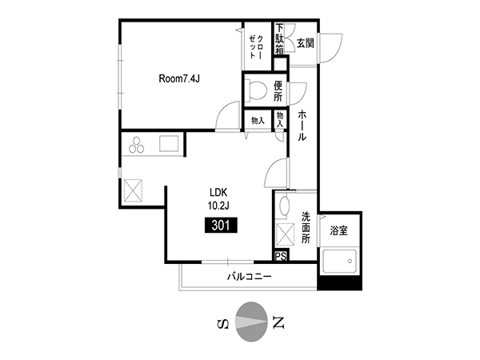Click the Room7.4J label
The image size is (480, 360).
point(179,79)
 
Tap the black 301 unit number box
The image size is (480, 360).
point(221,226)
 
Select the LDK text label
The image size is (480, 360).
point(218,193)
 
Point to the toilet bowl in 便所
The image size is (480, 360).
point(256,90)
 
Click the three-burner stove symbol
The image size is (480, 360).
point(137,145)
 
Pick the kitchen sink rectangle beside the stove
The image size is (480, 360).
point(169,143)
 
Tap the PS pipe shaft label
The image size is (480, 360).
point(281,256)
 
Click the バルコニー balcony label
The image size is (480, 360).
point(249,277)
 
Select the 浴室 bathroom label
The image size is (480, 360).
point(339,230)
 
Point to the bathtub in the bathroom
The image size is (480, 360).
point(339,261)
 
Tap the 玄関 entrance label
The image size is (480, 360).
point(306,43)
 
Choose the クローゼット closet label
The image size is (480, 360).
point(256,47)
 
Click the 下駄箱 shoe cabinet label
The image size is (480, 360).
point(279,39)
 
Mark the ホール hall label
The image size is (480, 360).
point(302,126)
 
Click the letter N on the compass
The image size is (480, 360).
point(278,322)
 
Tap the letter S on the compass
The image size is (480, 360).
point(223,323)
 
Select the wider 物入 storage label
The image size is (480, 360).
point(258,121)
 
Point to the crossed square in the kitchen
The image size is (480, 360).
point(133,190)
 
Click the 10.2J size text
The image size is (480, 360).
point(218,206)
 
